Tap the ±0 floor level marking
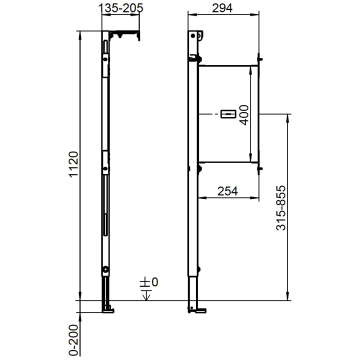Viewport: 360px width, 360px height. [147, 284]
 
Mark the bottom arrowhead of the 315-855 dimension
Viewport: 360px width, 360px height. [287, 296]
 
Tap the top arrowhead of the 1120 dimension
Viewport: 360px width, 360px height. [77, 32]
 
